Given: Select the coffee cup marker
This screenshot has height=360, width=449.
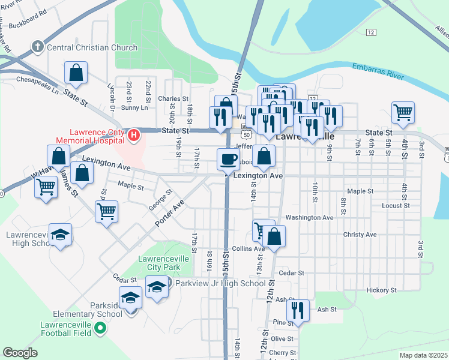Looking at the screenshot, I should click(x=228, y=159).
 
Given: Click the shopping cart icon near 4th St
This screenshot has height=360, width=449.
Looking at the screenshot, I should click(x=403, y=111).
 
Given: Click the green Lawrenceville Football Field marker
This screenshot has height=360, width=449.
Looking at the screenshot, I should click(x=101, y=328).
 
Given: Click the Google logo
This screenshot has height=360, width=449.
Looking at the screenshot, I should click(x=20, y=353).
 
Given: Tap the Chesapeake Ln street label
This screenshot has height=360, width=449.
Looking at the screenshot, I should click(x=37, y=79).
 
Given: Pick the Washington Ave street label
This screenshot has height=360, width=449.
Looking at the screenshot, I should click(x=309, y=217).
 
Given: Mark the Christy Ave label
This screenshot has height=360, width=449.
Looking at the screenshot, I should click(x=360, y=235).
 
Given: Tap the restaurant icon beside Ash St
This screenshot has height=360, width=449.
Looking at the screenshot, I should click(x=297, y=310).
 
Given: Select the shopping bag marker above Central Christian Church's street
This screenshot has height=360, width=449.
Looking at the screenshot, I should click(x=76, y=73).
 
